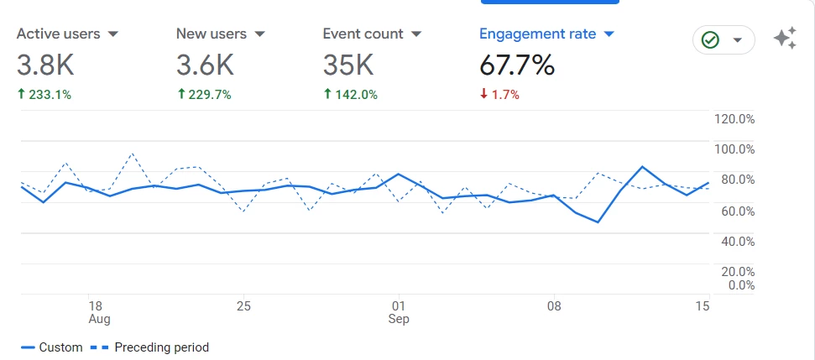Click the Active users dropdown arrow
click(x=113, y=34)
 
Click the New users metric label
click(x=211, y=34)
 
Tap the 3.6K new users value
click(x=205, y=65)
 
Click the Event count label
click(x=363, y=34)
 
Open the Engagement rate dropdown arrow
click(x=609, y=34)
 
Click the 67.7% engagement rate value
click(x=517, y=65)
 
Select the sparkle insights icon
click(x=785, y=38)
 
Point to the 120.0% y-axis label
click(x=734, y=119)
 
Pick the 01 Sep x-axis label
click(x=399, y=312)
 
